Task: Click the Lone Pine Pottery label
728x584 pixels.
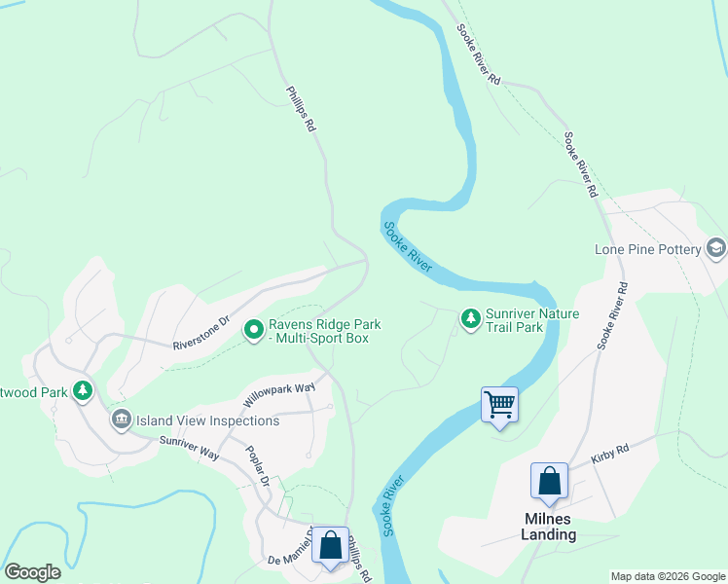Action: pyautogui.click(x=648, y=249)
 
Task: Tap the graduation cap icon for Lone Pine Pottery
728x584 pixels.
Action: pyautogui.click(x=716, y=248)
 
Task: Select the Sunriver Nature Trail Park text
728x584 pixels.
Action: pyautogui.click(x=532, y=320)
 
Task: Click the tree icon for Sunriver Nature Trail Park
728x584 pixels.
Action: pyautogui.click(x=471, y=319)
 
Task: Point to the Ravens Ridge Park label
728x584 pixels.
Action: pyautogui.click(x=324, y=331)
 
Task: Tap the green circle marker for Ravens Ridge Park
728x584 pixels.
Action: pyautogui.click(x=254, y=330)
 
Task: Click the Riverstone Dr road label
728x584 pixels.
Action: pyautogui.click(x=200, y=332)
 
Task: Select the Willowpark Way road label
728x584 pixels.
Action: pyautogui.click(x=279, y=394)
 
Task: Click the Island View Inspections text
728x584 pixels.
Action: pyautogui.click(x=208, y=420)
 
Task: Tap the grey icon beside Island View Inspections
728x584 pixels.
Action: pyautogui.click(x=121, y=420)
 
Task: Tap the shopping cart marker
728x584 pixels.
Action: pyautogui.click(x=499, y=403)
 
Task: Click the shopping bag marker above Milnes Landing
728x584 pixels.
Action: pyautogui.click(x=549, y=481)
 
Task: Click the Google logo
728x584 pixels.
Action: pyautogui.click(x=33, y=572)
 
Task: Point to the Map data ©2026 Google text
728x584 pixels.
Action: pyautogui.click(x=667, y=576)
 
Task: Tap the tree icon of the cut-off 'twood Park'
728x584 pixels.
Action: pyautogui.click(x=84, y=391)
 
